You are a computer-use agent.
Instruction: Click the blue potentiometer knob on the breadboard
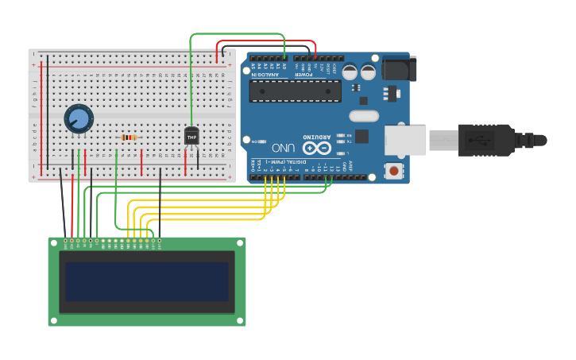tap(79, 119)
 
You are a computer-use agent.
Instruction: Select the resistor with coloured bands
tap(129, 137)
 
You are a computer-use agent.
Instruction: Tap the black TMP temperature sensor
tap(191, 137)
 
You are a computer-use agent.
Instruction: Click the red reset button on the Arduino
tap(393, 169)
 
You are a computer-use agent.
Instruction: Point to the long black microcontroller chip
tap(295, 91)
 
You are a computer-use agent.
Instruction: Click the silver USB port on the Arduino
tap(405, 140)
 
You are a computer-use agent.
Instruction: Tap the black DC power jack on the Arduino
tap(399, 69)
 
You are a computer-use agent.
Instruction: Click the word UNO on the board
tap(283, 148)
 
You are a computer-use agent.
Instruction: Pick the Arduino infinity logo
tap(315, 148)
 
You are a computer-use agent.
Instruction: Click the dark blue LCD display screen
tap(147, 282)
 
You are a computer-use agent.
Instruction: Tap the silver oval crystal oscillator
tap(364, 116)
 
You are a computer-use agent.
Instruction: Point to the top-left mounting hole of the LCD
tap(53, 243)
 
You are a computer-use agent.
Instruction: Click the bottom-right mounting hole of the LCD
tap(240, 319)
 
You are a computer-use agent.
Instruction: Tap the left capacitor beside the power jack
tap(350, 72)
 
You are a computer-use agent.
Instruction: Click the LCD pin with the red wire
tap(72, 240)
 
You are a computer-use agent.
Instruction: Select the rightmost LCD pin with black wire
tap(160, 240)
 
